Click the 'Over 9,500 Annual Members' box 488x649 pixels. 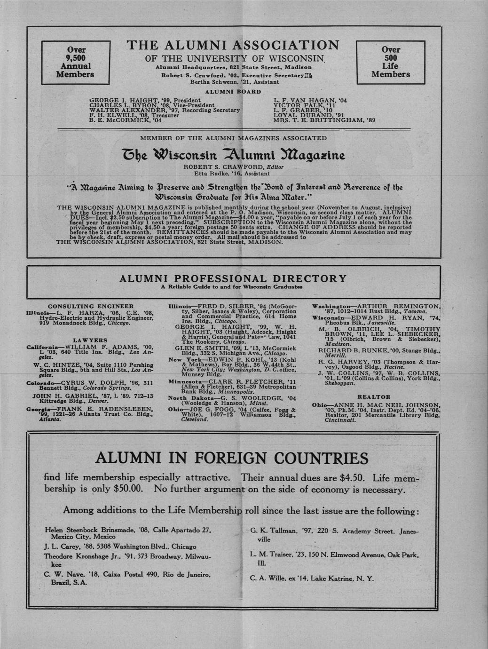pos(75,62)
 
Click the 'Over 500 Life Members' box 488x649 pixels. pos(391,62)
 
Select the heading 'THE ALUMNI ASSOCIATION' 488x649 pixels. pos(233,45)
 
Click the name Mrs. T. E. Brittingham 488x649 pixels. pos(324,119)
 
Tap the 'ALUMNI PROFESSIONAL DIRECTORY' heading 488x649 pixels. pos(233,278)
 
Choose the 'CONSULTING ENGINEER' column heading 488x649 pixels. pos(91,306)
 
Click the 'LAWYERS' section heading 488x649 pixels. pos(90,340)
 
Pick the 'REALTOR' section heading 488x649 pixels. pos(374,397)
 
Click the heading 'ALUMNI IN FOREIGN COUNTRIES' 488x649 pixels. pos(232,458)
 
